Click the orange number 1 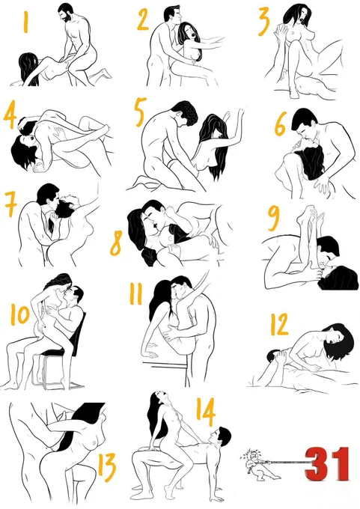pos(26,22)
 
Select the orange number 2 pos(143,19)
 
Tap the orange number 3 pos(264,22)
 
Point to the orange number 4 pos(10,115)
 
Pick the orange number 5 pos(140,112)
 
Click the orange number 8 pos(116,243)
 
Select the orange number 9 pos(274,218)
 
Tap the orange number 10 pos(19,314)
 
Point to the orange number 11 pos(135,293)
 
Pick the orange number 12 pos(279,324)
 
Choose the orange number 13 pos(107,467)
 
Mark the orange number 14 pos(206,412)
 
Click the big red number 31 pos(328,464)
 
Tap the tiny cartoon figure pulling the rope pos(257,464)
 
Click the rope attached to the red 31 pos(286,461)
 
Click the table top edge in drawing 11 pos(165,362)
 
